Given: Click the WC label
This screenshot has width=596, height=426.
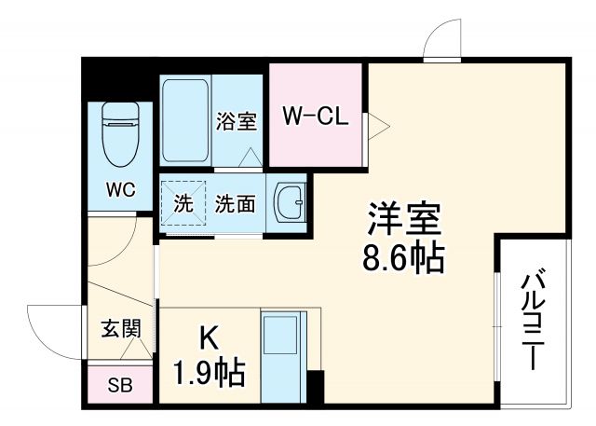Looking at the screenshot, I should tap(120, 190).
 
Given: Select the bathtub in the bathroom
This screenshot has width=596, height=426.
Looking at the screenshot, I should tap(185, 119).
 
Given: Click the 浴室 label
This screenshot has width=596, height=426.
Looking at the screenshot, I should tap(237, 121).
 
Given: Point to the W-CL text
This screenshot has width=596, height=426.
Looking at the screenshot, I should tap(315, 117).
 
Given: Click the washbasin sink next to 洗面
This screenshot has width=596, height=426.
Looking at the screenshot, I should tap(290, 200).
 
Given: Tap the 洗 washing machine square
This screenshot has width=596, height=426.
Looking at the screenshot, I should tap(184, 203).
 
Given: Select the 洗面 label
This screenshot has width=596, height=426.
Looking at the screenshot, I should tap(235, 203).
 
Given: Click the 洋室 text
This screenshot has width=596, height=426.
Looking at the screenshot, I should tap(401, 220).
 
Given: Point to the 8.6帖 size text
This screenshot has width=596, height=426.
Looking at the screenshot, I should tap(402, 255).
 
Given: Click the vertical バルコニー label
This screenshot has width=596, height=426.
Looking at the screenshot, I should tap(533, 320).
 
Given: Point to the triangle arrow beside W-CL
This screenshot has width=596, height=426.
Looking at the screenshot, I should tap(375, 124).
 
